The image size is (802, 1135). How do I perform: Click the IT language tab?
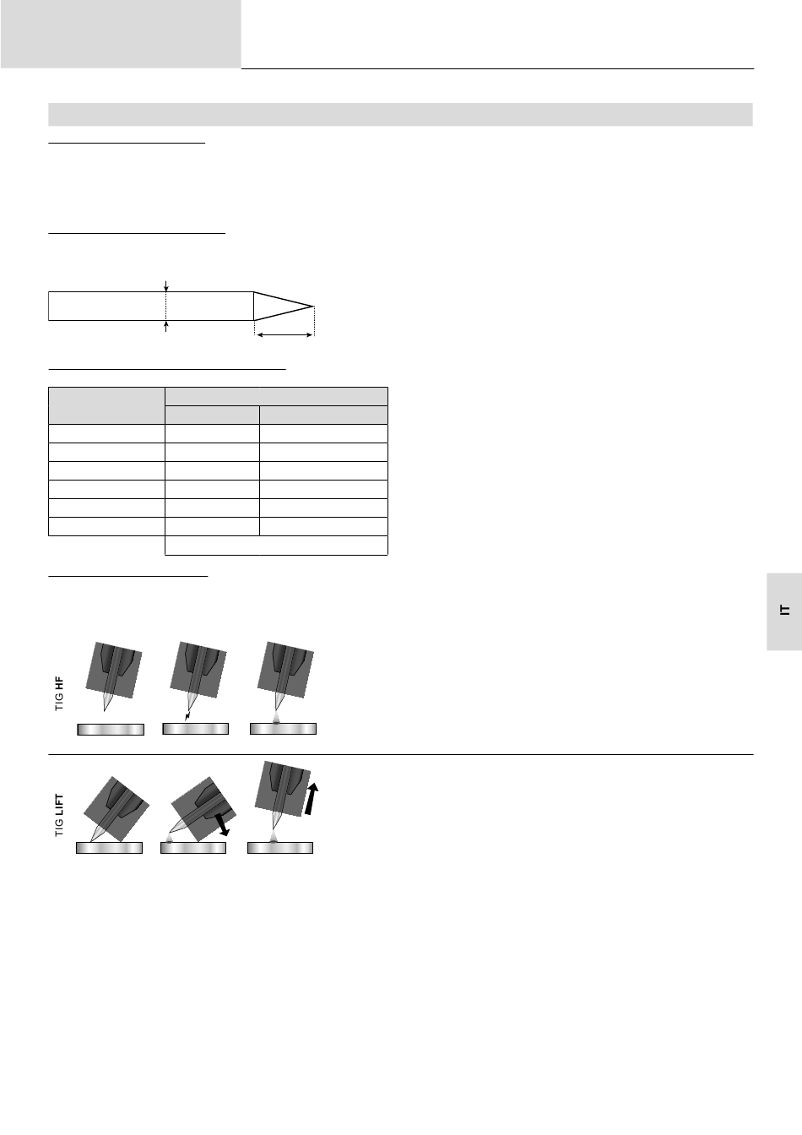(785, 610)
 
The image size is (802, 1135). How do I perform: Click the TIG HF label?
(59, 693)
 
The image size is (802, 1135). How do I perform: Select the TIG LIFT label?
(59, 815)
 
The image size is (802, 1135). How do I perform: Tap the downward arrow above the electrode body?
(165, 285)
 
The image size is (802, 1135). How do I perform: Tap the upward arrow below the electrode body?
(165, 326)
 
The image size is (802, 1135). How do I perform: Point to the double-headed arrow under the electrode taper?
(284, 335)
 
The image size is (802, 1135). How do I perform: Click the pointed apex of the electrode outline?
(313, 306)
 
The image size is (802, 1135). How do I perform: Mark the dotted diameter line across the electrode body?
(165, 306)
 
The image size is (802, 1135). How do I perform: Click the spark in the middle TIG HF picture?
(187, 715)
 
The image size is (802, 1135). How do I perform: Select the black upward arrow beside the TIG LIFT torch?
(312, 799)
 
